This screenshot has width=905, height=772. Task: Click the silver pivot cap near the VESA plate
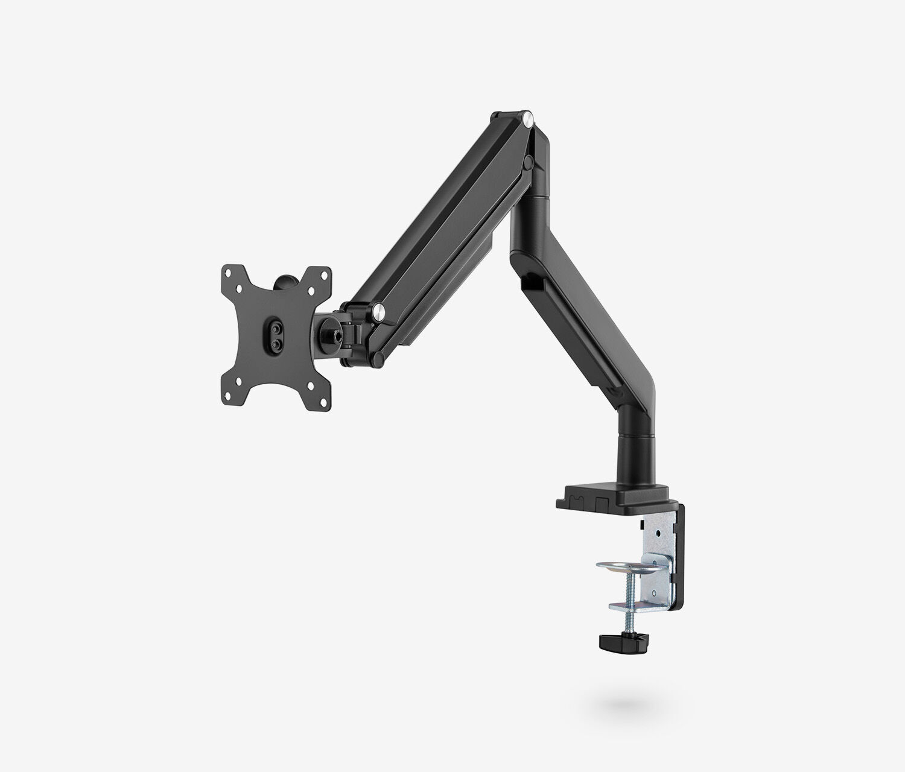[x=379, y=312]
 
